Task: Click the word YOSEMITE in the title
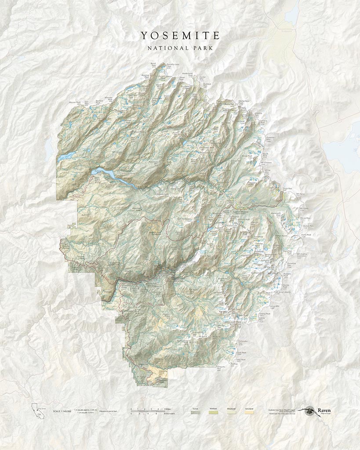tap(180, 35)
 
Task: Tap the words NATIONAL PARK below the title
tap(180, 47)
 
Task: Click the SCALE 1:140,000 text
tap(62, 411)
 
